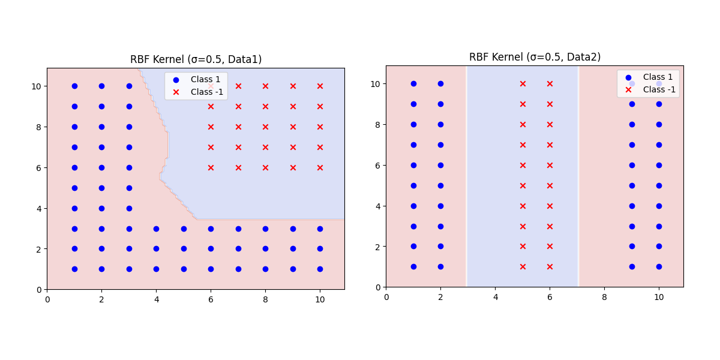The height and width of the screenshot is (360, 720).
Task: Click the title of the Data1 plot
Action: pos(196,59)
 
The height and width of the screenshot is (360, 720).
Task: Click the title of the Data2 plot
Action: pos(535,57)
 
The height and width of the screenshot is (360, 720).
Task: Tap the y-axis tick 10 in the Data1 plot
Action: pos(37,86)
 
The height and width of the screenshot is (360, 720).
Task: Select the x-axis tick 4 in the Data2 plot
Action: pos(495,297)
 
